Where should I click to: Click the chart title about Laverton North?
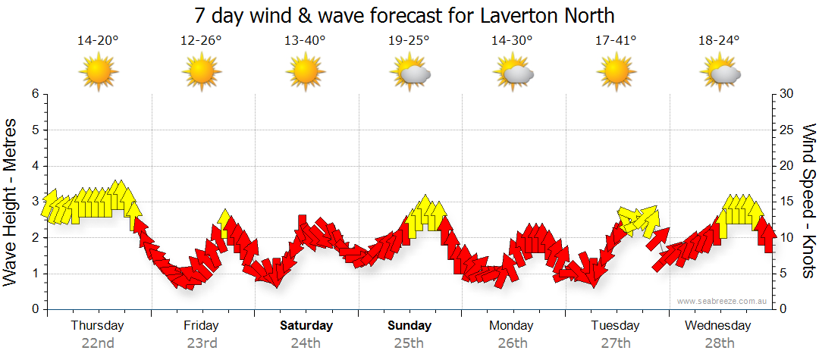[403, 15]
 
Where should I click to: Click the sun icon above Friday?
[202, 73]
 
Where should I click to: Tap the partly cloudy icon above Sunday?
[409, 73]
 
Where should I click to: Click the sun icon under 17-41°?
[616, 73]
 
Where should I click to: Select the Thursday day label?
[98, 326]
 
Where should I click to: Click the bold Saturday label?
[306, 326]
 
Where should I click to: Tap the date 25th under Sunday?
[409, 343]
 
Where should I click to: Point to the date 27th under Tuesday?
[616, 343]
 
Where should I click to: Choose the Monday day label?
[512, 326]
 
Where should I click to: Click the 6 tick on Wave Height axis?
[34, 94]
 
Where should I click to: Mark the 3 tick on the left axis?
[34, 202]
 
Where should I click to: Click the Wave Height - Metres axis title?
[11, 202]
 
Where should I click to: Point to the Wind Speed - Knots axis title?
[808, 201]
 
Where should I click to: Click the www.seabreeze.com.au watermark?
[723, 301]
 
